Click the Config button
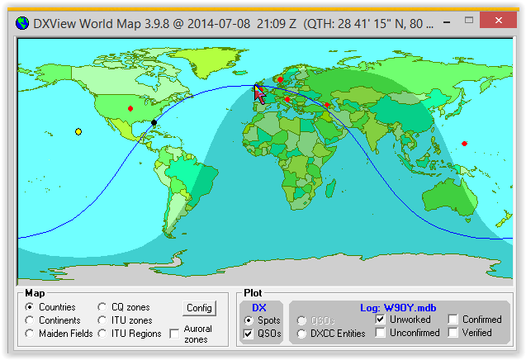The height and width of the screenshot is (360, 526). click(199, 308)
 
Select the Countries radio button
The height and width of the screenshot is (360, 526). click(31, 307)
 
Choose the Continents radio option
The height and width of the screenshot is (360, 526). click(31, 320)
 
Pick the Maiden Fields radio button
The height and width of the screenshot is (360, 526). click(31, 334)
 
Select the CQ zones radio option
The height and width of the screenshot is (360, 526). click(102, 307)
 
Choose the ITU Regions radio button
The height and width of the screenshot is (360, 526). click(102, 334)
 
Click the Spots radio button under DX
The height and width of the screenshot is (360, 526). click(249, 320)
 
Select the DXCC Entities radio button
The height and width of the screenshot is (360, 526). click(302, 334)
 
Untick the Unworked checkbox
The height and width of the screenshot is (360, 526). click(381, 320)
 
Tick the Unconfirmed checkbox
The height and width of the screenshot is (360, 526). click(381, 333)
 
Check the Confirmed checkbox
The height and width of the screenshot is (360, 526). click(453, 320)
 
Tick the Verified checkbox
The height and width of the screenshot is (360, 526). click(453, 333)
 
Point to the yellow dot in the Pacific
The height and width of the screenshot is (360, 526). click(78, 131)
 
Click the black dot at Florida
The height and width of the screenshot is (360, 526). click(154, 123)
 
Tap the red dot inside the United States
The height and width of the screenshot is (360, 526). click(130, 108)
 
